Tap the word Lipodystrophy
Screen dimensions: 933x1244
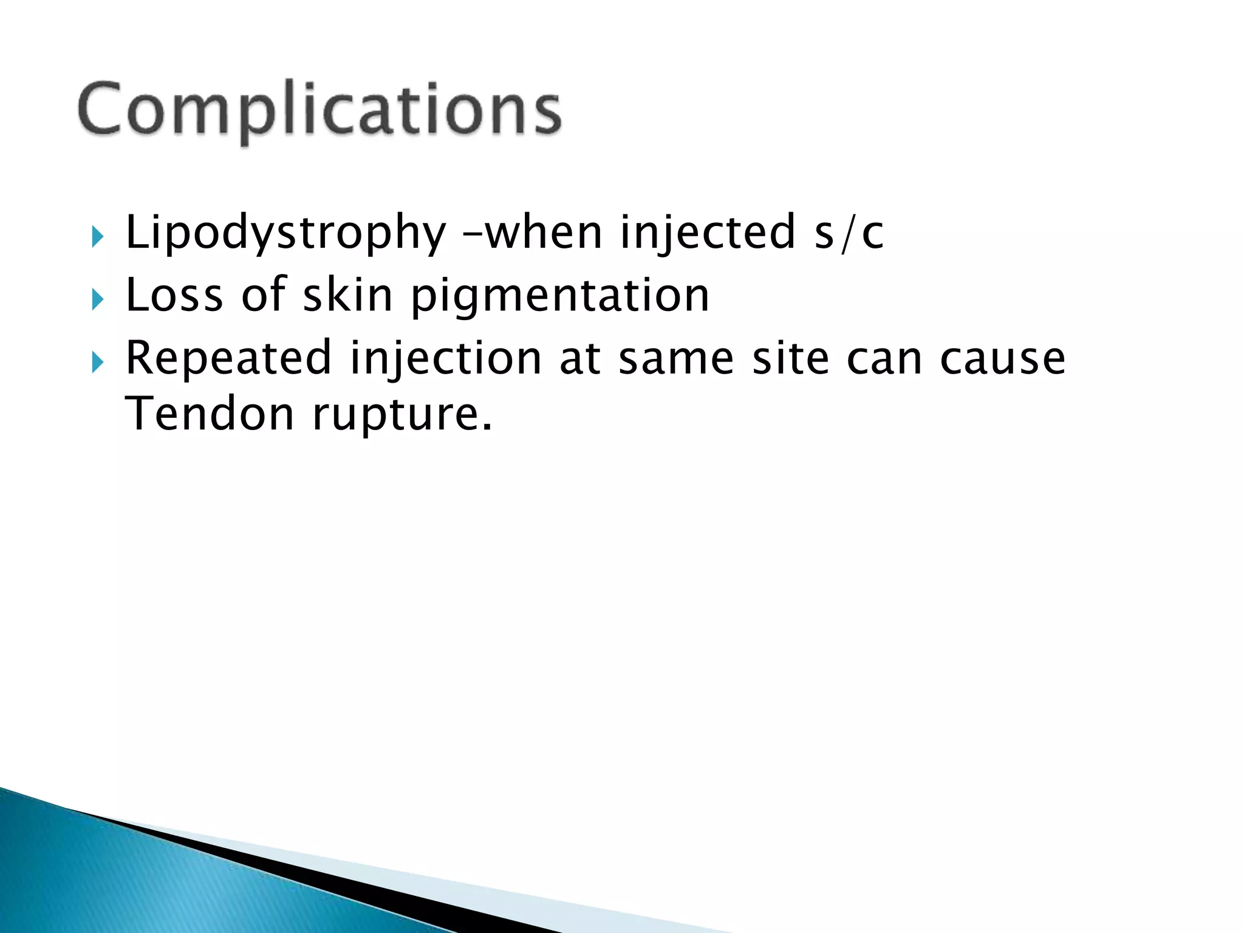[x=285, y=233]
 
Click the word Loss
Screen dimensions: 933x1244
[x=174, y=295]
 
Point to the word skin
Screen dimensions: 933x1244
[x=347, y=295]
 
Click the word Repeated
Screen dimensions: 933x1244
[x=228, y=358]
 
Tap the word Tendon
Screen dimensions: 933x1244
[x=210, y=414]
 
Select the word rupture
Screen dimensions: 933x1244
[x=402, y=415]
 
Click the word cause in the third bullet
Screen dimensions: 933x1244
[x=1002, y=358]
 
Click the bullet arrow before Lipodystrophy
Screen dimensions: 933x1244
[x=97, y=237]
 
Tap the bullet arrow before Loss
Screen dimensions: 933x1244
[x=97, y=299]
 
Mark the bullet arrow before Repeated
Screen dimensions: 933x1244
[x=97, y=363]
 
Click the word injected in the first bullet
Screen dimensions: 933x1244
[x=708, y=233]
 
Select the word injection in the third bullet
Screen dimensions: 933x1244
[x=445, y=358]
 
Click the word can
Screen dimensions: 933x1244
[x=884, y=358]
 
